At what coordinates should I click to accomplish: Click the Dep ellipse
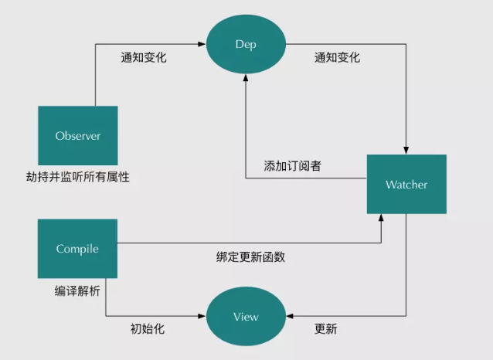coord(245,45)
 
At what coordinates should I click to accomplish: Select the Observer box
coord(78,136)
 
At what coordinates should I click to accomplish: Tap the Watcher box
coord(406,185)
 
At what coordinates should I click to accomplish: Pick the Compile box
coord(77,249)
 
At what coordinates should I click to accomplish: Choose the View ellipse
coord(246,317)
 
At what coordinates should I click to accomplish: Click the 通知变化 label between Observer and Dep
coord(144,58)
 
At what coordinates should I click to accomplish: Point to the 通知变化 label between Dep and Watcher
coord(337,58)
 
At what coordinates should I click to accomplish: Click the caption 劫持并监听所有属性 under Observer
coord(77,177)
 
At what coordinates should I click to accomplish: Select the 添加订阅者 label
coord(292,165)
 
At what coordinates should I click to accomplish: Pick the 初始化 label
coord(147,329)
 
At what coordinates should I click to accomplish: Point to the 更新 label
coord(325,329)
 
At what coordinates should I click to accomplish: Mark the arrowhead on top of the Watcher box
coord(406,151)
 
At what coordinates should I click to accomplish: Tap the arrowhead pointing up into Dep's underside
coord(245,79)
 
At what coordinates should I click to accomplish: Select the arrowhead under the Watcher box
coord(382,219)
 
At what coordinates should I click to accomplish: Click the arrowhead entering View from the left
coord(203,317)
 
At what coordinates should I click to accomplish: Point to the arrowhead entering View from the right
coord(289,317)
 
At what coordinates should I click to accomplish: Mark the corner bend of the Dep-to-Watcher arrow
coord(406,45)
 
